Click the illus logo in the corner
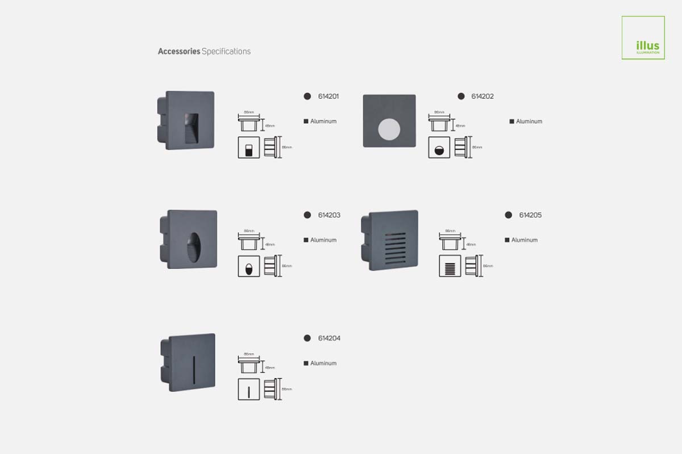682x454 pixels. tap(643, 38)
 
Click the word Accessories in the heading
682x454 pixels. tap(179, 51)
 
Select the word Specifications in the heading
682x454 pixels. tap(226, 51)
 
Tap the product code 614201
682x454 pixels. tap(328, 96)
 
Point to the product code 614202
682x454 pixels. tap(483, 96)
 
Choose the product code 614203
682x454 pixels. tap(329, 215)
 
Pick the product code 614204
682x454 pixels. tap(329, 338)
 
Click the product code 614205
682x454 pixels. tap(530, 215)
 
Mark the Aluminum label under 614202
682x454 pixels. tap(529, 121)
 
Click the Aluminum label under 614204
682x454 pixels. tap(323, 363)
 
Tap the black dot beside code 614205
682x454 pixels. tap(508, 215)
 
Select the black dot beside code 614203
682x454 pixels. tap(307, 215)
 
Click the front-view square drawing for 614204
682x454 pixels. tap(248, 389)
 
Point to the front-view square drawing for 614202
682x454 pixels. tap(439, 148)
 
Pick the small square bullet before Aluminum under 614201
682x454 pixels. tap(306, 121)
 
